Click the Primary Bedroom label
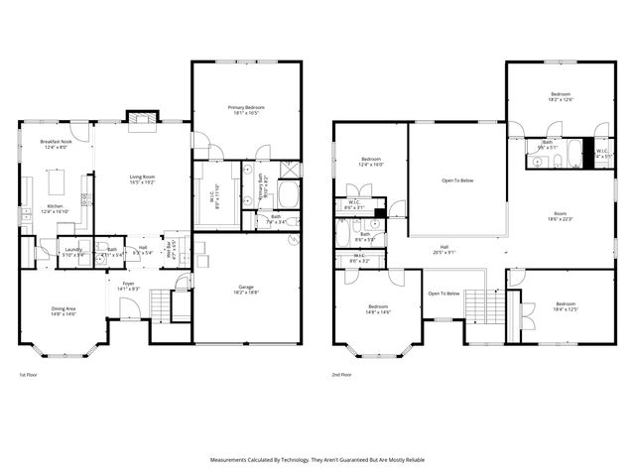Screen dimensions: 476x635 (246, 109)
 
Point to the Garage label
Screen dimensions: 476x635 (245, 289)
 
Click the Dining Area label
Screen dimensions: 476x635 (64, 311)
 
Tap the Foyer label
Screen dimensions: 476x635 (129, 286)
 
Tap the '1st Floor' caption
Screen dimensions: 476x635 (29, 375)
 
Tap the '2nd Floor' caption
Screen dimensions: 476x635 (342, 375)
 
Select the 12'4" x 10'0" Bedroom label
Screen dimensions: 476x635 (371, 161)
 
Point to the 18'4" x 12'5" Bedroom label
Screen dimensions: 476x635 (566, 305)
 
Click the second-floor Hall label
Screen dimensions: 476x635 (444, 250)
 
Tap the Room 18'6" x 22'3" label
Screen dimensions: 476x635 (560, 216)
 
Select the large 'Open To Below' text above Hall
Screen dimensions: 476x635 (457, 180)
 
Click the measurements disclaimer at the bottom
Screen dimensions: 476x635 (317, 459)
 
